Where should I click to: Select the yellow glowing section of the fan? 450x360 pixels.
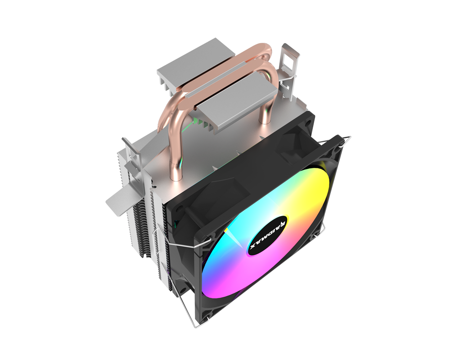(288, 189)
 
